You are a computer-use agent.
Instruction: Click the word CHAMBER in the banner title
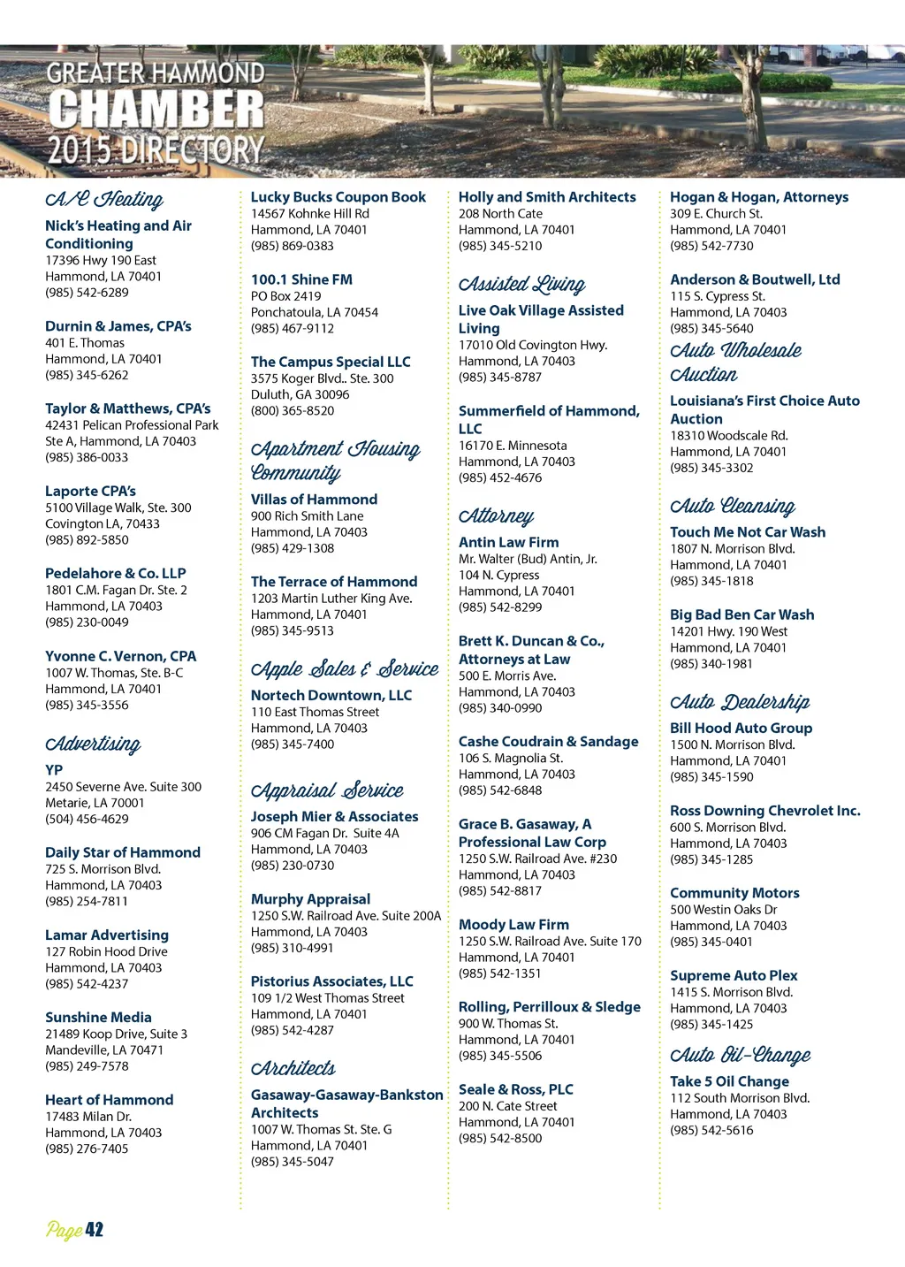pos(156,110)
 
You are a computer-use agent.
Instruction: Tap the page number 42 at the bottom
pos(94,1230)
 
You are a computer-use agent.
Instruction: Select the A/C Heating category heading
pos(104,200)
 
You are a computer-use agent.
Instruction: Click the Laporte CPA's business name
pos(90,491)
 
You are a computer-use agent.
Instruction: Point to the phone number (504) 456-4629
pos(87,819)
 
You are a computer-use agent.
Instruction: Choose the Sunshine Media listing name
pos(98,1017)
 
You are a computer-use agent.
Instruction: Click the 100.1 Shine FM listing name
pos(301,279)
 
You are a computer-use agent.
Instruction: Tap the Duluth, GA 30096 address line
pos(300,394)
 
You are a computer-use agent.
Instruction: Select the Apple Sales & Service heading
pos(345,669)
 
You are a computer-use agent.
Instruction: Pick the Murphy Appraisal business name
pos(310,899)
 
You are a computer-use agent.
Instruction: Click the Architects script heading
pos(293,1068)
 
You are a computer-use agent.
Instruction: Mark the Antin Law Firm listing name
pos(508,542)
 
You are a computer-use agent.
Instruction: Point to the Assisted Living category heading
pos(521,284)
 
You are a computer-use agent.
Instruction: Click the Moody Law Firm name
pos(513,924)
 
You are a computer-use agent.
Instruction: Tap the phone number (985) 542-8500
pos(500,1138)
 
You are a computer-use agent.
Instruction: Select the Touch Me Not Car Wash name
pos(748,531)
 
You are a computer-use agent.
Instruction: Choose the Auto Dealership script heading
pos(740,702)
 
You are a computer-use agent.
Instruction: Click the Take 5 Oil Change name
pos(729,1081)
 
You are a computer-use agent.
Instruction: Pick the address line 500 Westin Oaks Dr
pos(723,909)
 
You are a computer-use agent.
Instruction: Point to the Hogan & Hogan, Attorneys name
pos(759,197)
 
